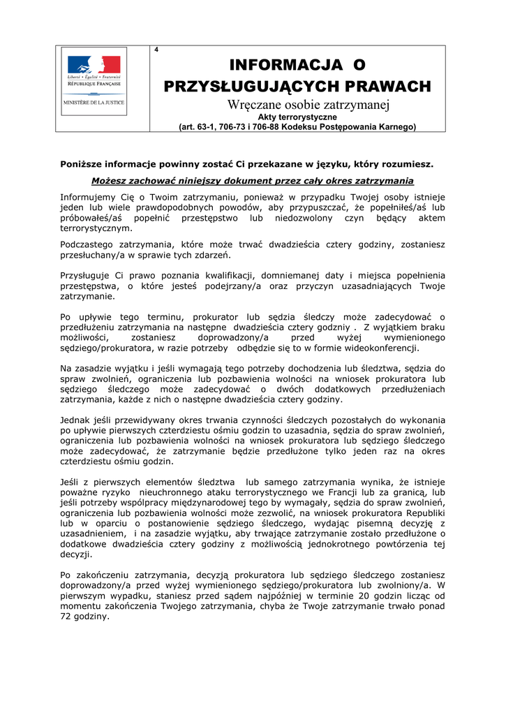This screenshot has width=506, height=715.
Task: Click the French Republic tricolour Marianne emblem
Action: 94,64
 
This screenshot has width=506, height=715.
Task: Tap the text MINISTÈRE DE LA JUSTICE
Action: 94,102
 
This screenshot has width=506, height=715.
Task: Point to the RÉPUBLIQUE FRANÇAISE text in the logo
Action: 94,82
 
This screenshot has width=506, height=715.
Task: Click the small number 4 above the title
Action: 156,50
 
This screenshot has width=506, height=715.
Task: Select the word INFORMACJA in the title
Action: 282,66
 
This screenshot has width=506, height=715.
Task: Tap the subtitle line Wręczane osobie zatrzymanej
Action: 298,105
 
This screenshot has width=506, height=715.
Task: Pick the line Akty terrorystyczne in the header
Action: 298,117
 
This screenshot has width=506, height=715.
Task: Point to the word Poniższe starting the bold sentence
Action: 82,165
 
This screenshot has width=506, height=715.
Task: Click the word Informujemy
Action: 88,197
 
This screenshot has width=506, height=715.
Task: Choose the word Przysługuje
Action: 88,276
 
